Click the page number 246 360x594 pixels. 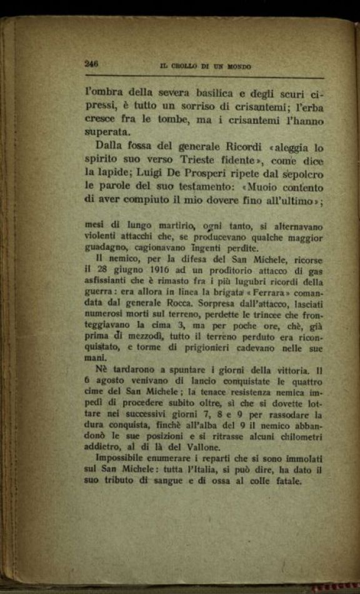pos(92,63)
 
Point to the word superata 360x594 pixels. pos(108,132)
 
